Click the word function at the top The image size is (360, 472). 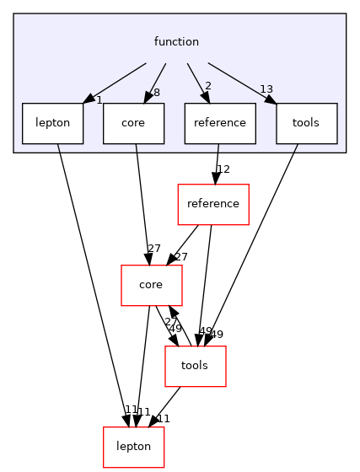tap(176, 41)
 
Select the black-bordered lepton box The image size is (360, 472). tap(52, 123)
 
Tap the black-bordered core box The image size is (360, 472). tap(133, 123)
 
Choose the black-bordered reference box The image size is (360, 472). tap(219, 123)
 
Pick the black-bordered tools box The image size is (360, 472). tap(306, 123)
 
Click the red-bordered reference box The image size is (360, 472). tap(213, 204)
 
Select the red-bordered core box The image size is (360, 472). tap(151, 285)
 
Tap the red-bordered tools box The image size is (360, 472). tap(195, 366)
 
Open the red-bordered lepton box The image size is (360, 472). tap(133, 447)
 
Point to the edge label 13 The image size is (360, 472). tap(266, 90)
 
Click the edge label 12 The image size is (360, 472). tap(223, 170)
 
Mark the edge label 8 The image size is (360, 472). tap(157, 94)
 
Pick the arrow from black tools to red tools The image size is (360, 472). tap(253, 244)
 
